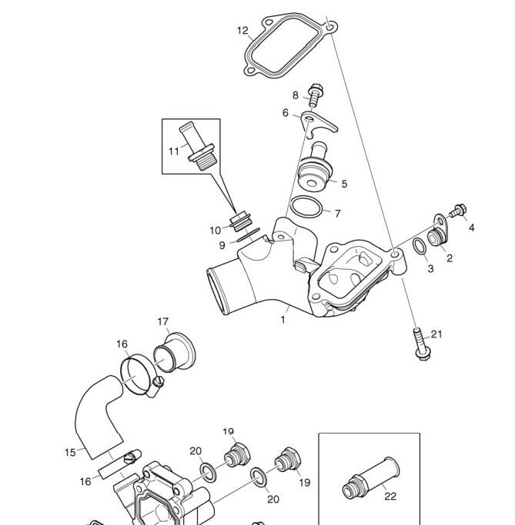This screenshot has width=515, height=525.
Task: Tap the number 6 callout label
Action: (286, 113)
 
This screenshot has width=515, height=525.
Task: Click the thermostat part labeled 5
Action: (313, 168)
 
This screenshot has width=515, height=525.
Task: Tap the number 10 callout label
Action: (216, 231)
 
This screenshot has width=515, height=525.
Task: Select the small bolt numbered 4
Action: (459, 211)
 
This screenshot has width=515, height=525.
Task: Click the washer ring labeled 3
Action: (420, 246)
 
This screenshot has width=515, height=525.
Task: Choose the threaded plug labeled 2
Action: (437, 238)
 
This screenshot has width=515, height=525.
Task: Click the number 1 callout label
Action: (283, 320)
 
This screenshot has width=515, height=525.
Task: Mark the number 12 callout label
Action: (242, 31)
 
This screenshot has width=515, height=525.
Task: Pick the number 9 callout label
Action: (222, 245)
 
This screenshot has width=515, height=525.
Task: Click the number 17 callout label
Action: (163, 322)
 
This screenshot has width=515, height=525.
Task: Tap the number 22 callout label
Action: (390, 496)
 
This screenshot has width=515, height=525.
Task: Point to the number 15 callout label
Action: (70, 453)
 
